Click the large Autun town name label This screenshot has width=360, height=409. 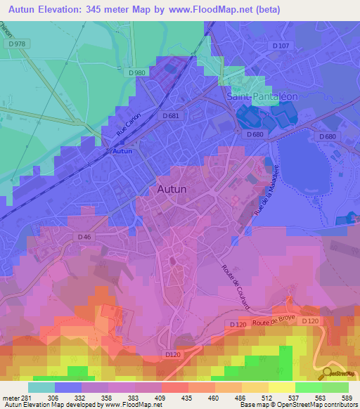(172, 190)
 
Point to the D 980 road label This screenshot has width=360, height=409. (137, 72)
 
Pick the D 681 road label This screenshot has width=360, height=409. (171, 115)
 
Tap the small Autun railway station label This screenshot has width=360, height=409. (122, 151)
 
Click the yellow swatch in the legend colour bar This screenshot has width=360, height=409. (283, 387)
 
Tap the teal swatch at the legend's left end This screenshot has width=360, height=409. (41, 387)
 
